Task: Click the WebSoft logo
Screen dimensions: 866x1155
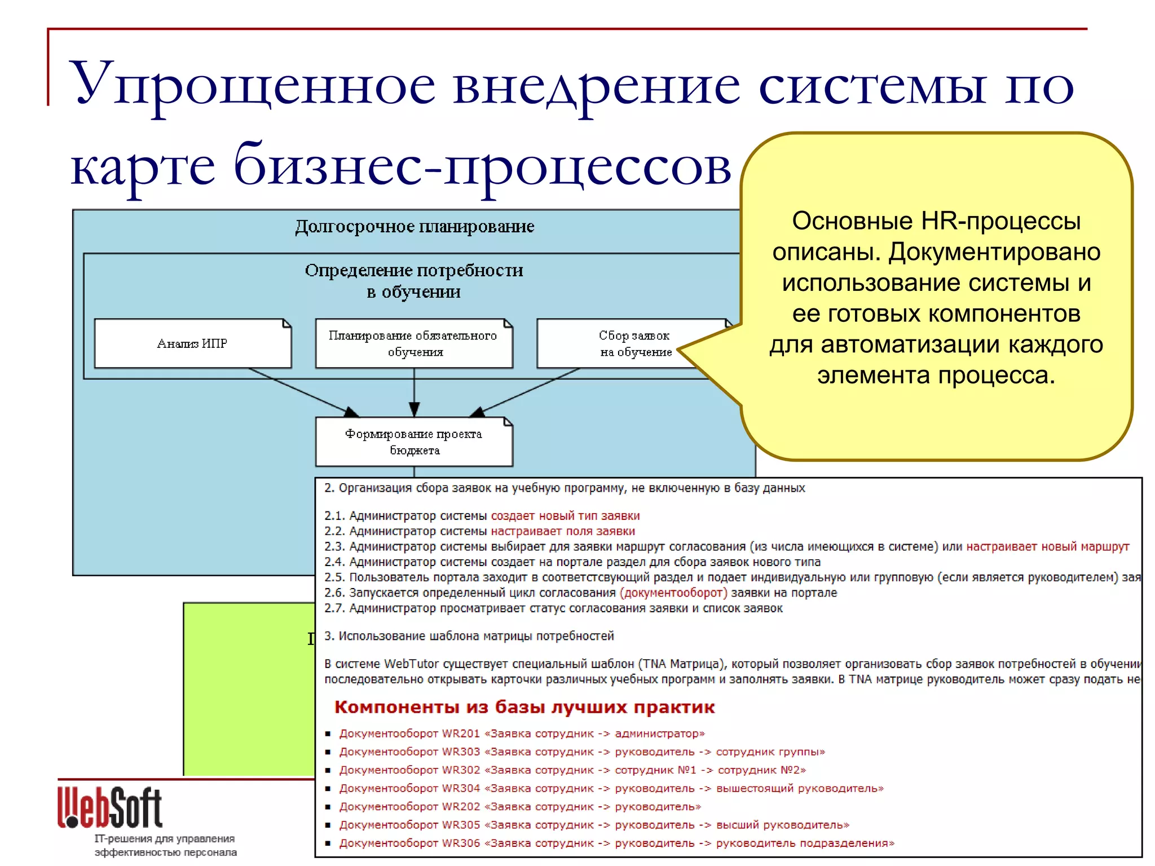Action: click(x=110, y=807)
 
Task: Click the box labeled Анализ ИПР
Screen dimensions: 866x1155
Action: click(x=192, y=343)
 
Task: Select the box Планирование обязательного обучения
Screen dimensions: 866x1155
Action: click(x=414, y=343)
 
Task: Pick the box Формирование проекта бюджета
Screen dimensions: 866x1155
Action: click(x=414, y=441)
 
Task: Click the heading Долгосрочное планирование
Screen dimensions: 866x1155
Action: click(x=415, y=227)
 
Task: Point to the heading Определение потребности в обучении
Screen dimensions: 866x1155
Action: click(x=414, y=281)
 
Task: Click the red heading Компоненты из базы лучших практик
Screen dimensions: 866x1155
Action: click(x=524, y=707)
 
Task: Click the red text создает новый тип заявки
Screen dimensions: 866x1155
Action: click(x=565, y=515)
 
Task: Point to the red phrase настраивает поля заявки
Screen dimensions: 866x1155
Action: click(x=563, y=531)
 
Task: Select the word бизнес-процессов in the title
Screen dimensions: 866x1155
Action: click(x=482, y=167)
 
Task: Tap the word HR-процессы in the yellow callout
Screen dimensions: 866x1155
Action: click(x=1000, y=221)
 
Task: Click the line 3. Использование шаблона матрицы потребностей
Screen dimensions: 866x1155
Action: click(x=469, y=636)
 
